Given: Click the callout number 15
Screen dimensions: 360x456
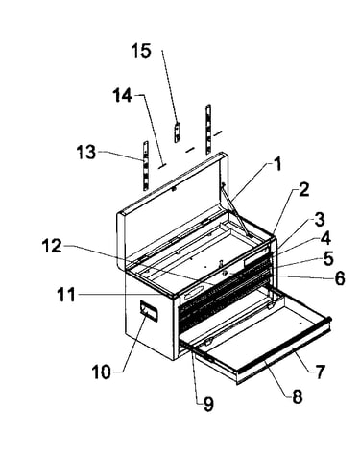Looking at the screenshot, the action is tap(141, 51).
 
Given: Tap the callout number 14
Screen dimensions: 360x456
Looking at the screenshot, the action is tap(122, 95).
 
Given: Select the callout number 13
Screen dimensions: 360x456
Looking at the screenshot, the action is tap(86, 152).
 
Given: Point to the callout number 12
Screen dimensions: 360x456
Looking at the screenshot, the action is tap(52, 246).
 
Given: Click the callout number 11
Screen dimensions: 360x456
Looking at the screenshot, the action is tap(66, 295).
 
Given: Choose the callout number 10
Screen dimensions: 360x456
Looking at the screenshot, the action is tap(101, 372).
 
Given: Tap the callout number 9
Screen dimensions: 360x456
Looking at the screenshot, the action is tap(208, 404).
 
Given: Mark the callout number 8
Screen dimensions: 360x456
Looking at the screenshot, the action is tap(297, 397).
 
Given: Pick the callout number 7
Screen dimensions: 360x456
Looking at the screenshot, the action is tap(320, 372).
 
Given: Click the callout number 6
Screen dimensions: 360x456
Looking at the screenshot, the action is tap(340, 278).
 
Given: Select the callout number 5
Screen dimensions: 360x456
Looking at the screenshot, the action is tap(328, 259).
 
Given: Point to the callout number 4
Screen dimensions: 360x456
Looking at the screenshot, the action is tap(325, 239).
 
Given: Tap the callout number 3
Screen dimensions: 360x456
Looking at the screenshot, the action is tap(319, 220).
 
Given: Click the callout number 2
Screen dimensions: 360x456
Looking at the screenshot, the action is tap(303, 189).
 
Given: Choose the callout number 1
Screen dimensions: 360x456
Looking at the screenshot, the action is tap(277, 164).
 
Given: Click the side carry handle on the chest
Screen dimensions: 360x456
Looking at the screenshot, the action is tap(149, 310).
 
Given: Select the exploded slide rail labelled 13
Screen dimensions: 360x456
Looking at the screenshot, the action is tap(146, 166).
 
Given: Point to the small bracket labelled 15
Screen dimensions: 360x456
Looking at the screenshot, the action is tap(177, 132).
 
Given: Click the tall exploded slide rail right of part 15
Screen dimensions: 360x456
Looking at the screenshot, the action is tap(208, 129).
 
